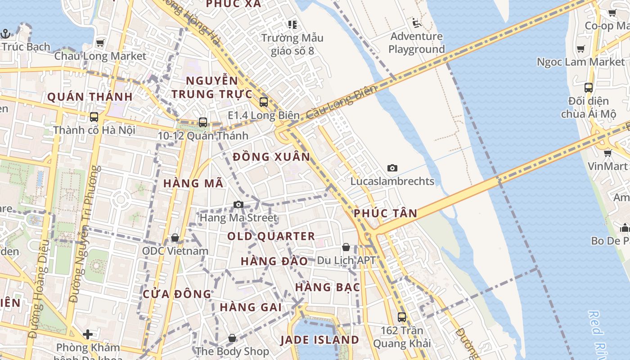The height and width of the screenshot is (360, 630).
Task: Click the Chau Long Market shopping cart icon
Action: (x=100, y=43)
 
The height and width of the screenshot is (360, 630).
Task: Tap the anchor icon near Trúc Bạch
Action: (x=5, y=34)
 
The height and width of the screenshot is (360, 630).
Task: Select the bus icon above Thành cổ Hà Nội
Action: (x=94, y=117)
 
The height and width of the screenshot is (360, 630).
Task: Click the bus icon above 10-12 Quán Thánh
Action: (x=203, y=122)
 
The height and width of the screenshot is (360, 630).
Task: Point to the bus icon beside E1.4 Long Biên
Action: (x=264, y=102)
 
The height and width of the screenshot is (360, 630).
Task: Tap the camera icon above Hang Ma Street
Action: (x=238, y=205)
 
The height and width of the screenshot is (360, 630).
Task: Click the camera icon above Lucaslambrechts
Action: (x=392, y=168)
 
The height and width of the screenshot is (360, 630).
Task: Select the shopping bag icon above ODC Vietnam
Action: (x=175, y=237)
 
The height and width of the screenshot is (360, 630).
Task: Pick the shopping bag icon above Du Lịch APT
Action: (x=346, y=247)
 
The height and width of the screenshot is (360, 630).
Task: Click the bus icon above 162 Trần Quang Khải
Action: (x=402, y=317)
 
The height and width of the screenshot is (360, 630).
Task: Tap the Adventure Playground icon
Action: (x=416, y=22)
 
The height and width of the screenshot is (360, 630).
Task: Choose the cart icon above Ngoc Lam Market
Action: (x=581, y=49)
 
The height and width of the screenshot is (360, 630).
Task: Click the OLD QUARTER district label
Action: (x=271, y=236)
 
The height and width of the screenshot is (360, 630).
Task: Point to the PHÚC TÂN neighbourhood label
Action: (x=386, y=213)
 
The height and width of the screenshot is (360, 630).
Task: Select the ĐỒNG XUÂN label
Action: (x=272, y=157)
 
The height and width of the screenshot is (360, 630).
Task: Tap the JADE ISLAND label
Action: (x=320, y=340)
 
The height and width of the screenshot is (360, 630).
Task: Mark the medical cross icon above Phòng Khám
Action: (x=88, y=334)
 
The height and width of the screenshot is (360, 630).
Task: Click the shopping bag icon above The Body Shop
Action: (x=232, y=337)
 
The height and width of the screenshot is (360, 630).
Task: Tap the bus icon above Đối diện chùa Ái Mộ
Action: (x=588, y=88)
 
